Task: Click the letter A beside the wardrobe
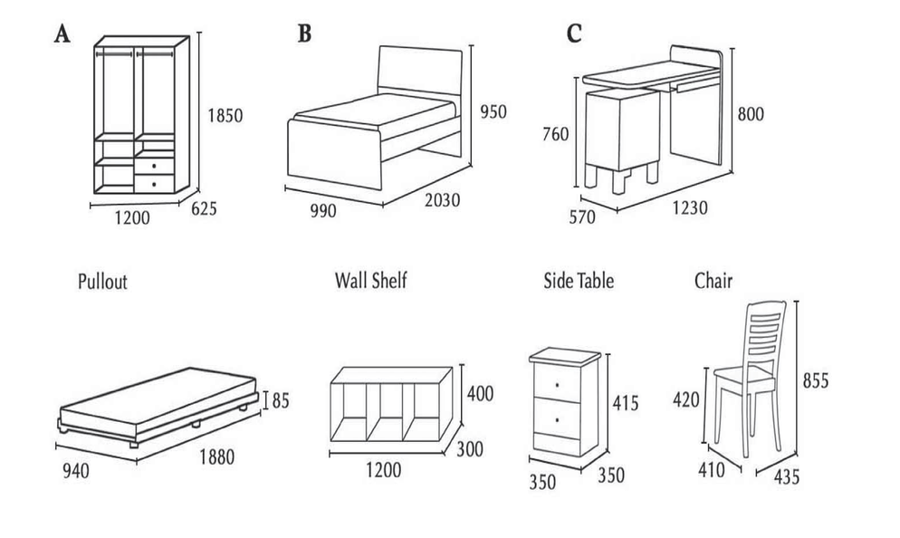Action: point(62,34)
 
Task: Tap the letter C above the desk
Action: point(574,34)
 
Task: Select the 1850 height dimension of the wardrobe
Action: point(225,116)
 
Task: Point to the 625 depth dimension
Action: point(205,210)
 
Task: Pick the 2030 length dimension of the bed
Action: point(437,200)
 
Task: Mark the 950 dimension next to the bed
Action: point(493,112)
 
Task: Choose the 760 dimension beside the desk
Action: point(555,135)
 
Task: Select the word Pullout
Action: point(102,282)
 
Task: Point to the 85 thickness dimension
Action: point(280,399)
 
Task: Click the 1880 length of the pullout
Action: point(216,457)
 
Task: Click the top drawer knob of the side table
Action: point(556,386)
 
